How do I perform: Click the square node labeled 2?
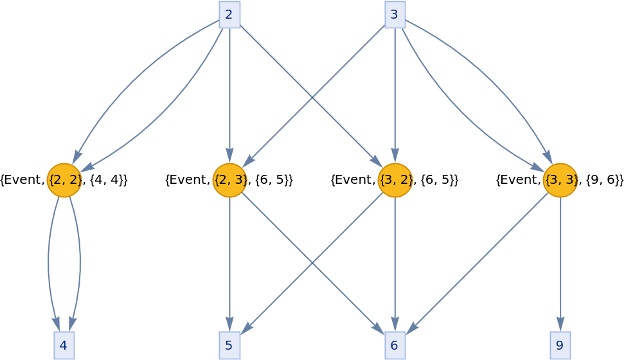coord(229,14)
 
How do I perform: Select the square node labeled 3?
coord(395,14)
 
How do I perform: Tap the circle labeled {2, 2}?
coord(64,180)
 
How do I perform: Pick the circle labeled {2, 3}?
coord(229,180)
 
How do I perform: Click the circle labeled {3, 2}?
coord(395,180)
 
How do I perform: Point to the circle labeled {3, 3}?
coord(560,180)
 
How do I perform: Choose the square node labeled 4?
coord(64,345)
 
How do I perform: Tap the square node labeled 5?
coord(229,345)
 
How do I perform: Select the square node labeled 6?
coord(395,345)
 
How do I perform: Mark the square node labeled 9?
coord(560,345)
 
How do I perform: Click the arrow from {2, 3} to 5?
coord(229,257)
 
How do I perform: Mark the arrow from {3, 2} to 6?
coord(395,257)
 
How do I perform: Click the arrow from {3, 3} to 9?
coord(560,257)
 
